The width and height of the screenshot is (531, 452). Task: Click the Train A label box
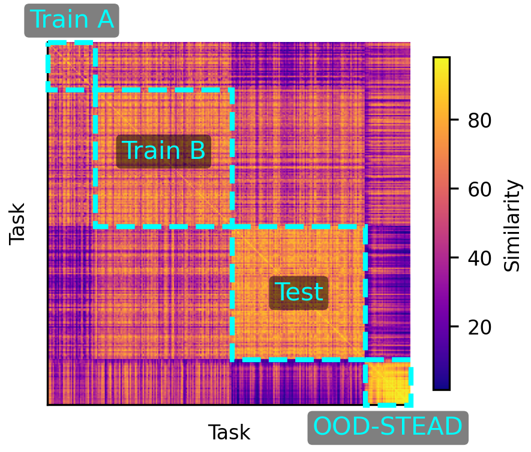(71, 20)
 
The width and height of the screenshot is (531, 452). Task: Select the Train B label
(163, 150)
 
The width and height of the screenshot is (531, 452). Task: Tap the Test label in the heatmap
(299, 293)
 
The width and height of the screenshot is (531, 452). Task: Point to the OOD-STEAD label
(388, 427)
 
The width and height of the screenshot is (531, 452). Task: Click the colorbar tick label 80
(479, 121)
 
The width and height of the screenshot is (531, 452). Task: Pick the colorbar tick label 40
(479, 258)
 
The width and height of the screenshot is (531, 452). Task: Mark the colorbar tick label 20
(479, 327)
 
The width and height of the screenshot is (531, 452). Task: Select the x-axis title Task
(229, 432)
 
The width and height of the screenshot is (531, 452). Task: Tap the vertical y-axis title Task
(18, 224)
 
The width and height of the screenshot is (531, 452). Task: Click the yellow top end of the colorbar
(441, 62)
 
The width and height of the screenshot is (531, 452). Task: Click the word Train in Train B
(146, 150)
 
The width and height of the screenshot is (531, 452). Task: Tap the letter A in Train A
(104, 20)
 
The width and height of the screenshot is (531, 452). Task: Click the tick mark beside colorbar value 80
(453, 121)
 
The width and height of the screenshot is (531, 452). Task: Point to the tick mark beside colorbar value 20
(453, 327)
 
